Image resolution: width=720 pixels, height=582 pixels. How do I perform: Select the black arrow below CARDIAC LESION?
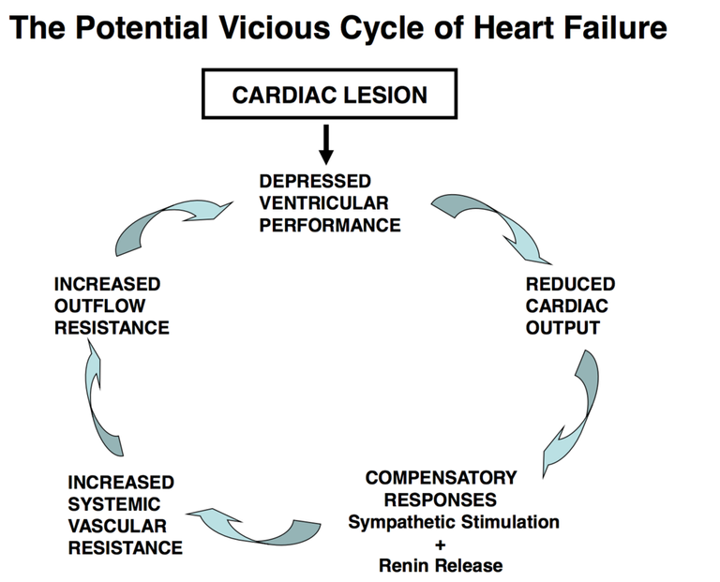(x=326, y=144)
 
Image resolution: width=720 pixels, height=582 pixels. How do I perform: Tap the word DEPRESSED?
(x=315, y=181)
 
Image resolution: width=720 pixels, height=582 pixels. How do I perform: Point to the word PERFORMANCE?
(x=330, y=225)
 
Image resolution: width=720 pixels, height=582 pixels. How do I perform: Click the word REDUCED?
(x=570, y=284)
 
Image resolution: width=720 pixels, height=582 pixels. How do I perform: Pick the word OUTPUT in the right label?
(x=562, y=328)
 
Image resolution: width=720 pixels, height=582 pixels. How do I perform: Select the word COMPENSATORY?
(x=441, y=478)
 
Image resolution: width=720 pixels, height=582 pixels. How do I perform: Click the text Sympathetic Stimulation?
(x=454, y=522)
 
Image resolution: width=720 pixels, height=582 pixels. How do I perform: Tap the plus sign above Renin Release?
(x=441, y=545)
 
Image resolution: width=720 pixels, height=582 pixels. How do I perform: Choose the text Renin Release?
(x=441, y=565)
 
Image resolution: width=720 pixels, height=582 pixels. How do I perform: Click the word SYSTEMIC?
(x=113, y=504)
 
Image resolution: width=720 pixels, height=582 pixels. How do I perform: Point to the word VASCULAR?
(x=117, y=526)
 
